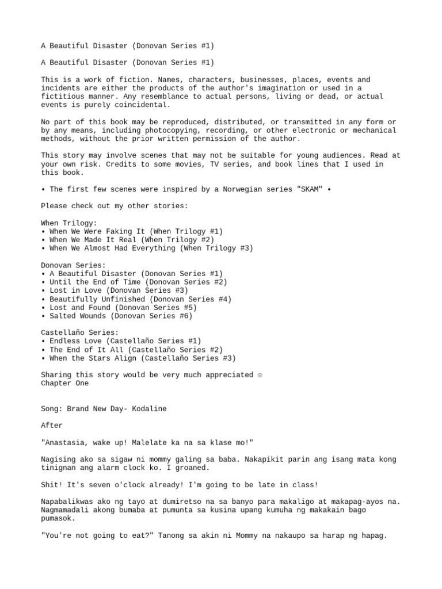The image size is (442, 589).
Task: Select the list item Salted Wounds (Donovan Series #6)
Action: coord(121,316)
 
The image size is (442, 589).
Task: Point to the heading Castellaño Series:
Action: coord(80,332)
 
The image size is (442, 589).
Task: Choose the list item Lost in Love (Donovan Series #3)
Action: coord(119,290)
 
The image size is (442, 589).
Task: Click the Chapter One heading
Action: coord(64,383)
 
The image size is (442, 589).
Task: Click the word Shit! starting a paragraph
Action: coord(52,485)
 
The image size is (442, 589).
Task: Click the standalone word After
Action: coord(52,426)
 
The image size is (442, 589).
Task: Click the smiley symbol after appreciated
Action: coord(260,375)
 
